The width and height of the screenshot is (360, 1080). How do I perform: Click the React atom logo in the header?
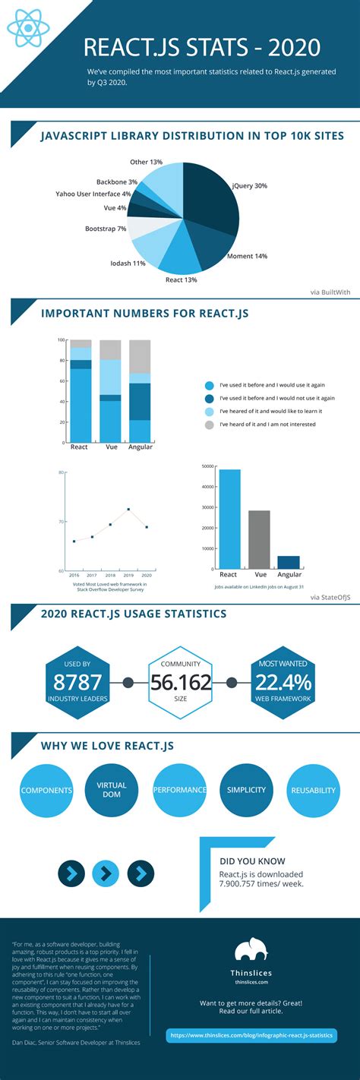tap(28, 28)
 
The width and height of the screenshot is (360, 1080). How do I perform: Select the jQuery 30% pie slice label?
tap(250, 185)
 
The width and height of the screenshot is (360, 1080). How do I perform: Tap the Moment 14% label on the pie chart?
tap(248, 256)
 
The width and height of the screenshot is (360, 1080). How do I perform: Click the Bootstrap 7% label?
tap(106, 229)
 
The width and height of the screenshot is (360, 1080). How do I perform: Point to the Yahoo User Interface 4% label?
tap(93, 194)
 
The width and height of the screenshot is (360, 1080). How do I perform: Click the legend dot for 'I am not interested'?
tap(210, 425)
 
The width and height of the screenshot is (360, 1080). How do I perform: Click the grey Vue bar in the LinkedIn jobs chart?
tap(259, 539)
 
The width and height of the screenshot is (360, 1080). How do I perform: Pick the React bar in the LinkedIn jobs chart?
tap(229, 519)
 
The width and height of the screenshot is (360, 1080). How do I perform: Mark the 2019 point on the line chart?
tap(128, 509)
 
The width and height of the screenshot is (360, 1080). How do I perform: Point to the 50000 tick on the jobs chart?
tap(206, 466)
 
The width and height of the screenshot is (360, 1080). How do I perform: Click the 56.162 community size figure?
tap(180, 682)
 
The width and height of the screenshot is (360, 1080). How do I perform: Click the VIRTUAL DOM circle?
tap(112, 790)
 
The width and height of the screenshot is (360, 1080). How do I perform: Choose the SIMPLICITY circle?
tap(246, 790)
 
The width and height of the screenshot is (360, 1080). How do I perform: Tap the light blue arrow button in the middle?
tap(106, 874)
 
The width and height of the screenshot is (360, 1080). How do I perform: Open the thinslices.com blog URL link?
tap(251, 1036)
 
